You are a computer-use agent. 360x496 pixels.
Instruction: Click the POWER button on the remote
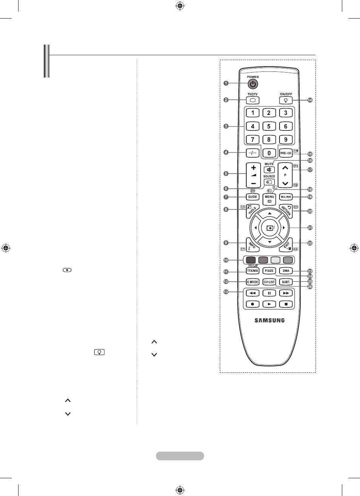253,84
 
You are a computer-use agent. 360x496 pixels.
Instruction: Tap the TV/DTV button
252,100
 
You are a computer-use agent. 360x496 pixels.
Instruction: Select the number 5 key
269,126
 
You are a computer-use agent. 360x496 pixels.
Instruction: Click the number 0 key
269,153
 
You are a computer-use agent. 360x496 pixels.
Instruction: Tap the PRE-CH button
286,153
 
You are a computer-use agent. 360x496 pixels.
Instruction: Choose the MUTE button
269,170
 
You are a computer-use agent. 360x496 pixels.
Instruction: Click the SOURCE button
269,182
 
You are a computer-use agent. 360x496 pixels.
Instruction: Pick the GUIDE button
252,197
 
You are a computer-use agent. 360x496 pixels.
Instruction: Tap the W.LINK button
286,197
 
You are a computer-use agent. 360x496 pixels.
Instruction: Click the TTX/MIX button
252,271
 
